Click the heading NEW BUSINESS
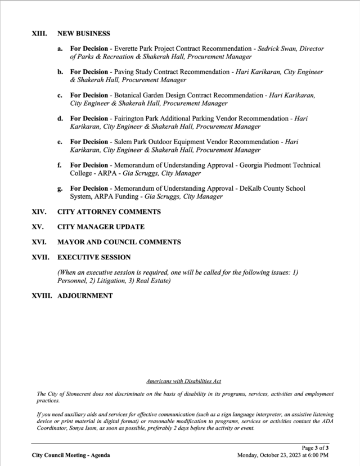[x=83, y=34]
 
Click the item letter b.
[x=60, y=73]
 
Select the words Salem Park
[x=130, y=142]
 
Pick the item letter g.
[x=60, y=189]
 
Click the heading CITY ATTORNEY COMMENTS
[x=109, y=212]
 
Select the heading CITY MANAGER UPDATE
[x=101, y=227]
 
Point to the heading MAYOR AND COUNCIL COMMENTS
[x=119, y=242]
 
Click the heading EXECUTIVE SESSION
[x=94, y=257]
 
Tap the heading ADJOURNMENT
[x=85, y=296]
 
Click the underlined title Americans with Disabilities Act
[x=183, y=382]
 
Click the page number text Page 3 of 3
[x=315, y=448]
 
